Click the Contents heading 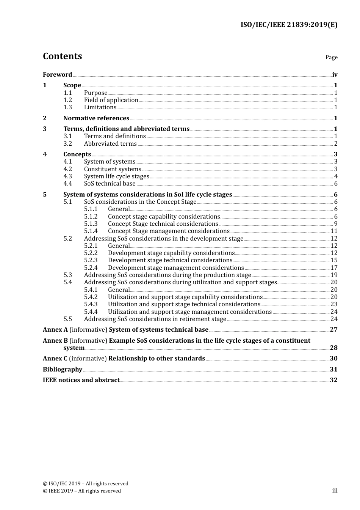62,56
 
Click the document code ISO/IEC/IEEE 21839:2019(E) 289,25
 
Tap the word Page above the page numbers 331,57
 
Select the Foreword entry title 57,75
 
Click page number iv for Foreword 335,75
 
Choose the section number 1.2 67,100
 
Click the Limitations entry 100,107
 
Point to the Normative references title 96,118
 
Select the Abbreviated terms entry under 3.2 110,144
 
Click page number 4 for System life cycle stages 335,176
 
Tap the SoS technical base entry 110,184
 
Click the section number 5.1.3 91,224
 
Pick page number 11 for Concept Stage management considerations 334,231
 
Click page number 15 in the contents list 334,260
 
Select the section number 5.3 67,275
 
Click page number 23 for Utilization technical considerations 334,304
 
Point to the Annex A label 55,330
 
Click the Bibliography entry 63,370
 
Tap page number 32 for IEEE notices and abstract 333,380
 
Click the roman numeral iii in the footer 335,491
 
